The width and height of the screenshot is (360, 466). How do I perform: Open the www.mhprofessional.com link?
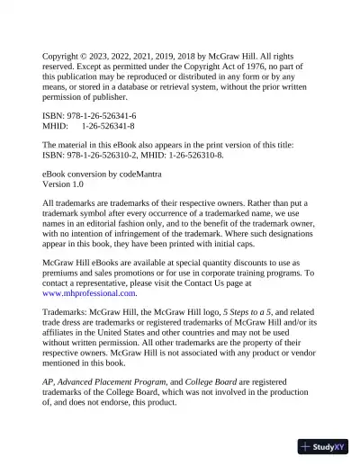(89, 293)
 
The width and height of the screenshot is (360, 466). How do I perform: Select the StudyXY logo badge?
(324, 446)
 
